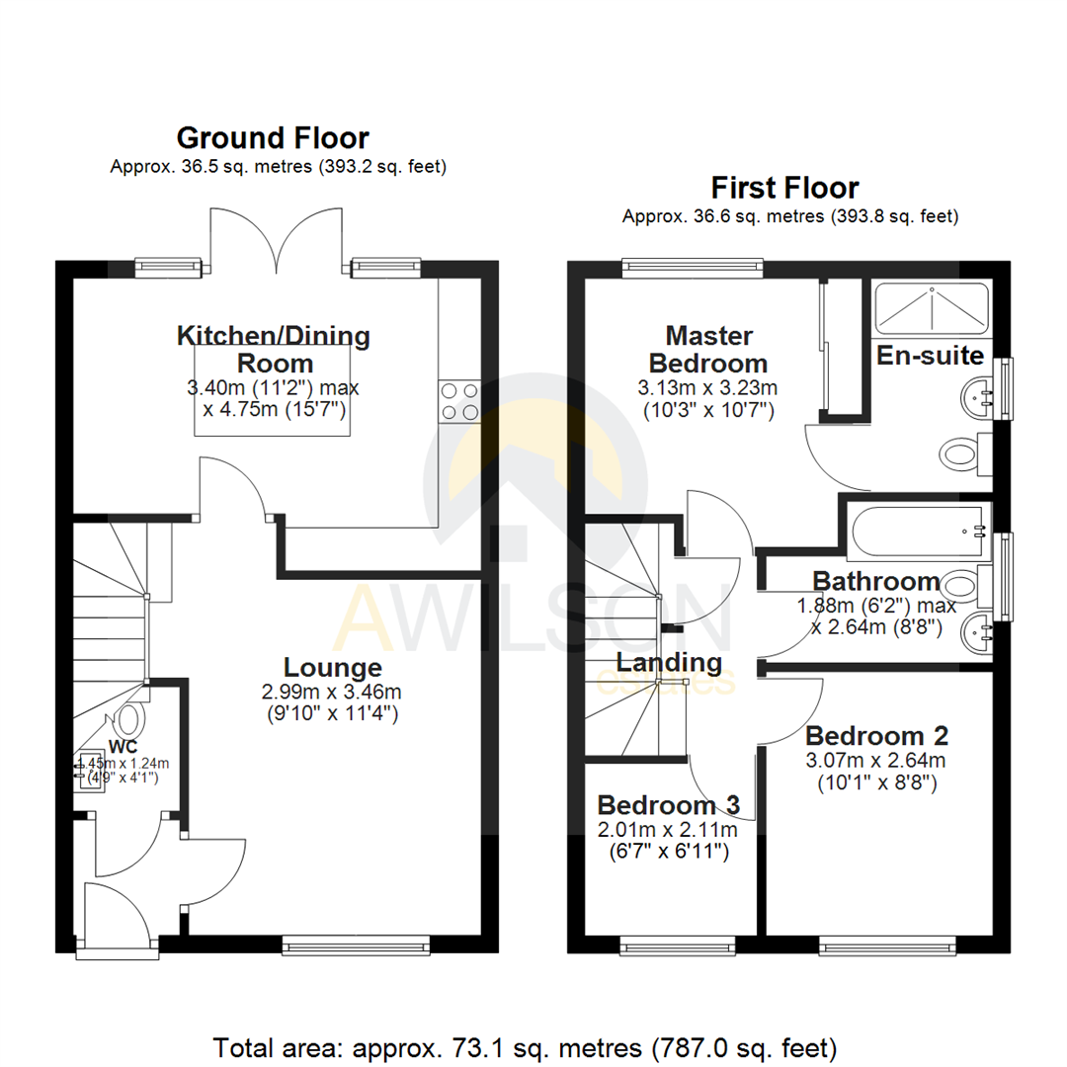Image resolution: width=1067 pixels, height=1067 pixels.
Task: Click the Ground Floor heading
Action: click(x=273, y=137)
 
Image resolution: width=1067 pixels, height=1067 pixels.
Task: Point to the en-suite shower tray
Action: click(x=931, y=305)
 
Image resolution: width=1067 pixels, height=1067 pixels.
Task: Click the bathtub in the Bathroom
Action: click(x=918, y=532)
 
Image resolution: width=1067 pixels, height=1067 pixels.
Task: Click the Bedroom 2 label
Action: click(x=876, y=735)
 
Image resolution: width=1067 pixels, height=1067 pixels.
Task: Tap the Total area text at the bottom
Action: click(x=526, y=1045)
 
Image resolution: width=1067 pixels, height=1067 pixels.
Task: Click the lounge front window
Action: click(x=356, y=945)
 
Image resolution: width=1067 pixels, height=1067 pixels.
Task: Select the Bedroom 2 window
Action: click(x=888, y=946)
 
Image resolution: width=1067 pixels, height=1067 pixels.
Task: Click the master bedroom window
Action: click(x=693, y=265)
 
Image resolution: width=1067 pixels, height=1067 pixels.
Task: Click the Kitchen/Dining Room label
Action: click(x=273, y=348)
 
